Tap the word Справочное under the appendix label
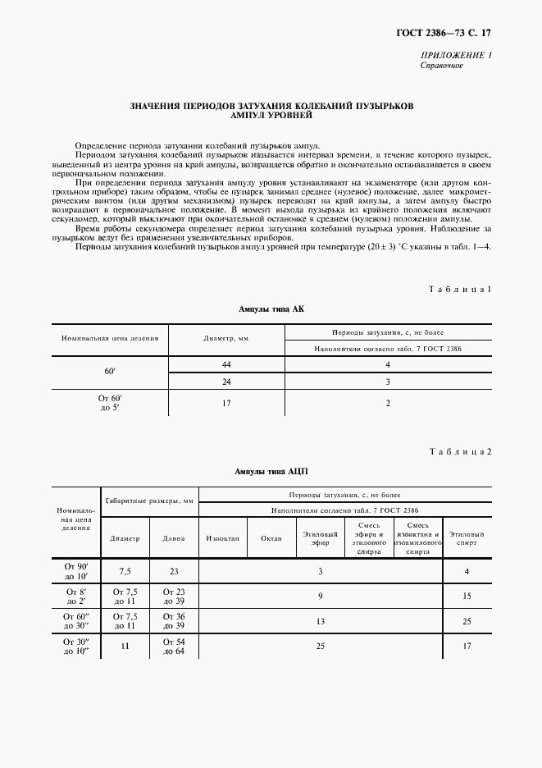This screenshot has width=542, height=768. click(442, 66)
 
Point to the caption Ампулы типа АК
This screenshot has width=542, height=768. click(271, 309)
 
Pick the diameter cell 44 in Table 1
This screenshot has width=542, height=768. click(226, 363)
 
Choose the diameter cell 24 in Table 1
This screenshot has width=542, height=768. click(226, 382)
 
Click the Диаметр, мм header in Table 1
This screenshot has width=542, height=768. click(226, 338)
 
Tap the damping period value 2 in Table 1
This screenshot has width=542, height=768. click(388, 403)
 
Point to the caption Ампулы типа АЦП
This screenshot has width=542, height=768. click(271, 472)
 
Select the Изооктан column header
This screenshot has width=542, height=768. click(222, 539)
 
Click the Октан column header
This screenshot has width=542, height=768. click(271, 539)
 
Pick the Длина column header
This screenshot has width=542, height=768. click(173, 539)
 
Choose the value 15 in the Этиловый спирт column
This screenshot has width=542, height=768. click(467, 596)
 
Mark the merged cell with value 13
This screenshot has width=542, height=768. click(321, 621)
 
